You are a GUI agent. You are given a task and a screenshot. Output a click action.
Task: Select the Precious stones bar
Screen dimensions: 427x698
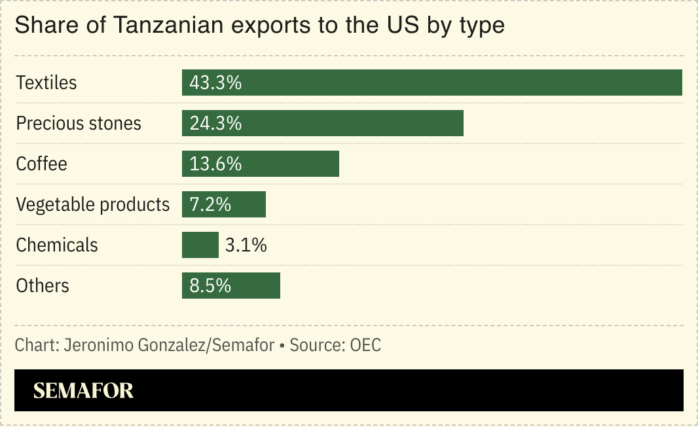pyautogui.click(x=354, y=123)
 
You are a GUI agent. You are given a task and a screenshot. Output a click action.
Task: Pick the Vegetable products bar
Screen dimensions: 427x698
pyautogui.click(x=249, y=204)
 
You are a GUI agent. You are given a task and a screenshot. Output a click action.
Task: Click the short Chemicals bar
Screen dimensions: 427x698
pyautogui.click(x=200, y=245)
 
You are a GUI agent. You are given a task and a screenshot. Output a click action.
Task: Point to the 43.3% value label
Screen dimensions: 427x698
pyautogui.click(x=215, y=83)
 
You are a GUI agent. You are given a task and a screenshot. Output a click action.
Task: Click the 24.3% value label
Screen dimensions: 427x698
pyautogui.click(x=215, y=124)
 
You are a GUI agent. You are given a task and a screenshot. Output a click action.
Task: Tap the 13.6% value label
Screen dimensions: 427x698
pyautogui.click(x=215, y=164)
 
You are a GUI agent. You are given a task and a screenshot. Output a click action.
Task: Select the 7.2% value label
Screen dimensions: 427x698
pyautogui.click(x=210, y=205)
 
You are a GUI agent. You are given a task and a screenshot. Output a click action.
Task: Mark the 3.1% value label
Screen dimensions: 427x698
pyautogui.click(x=246, y=246)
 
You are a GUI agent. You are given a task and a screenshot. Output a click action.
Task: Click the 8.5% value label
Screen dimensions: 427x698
pyautogui.click(x=210, y=286)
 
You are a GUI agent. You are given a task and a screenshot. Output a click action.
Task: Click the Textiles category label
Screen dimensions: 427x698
pyautogui.click(x=46, y=83)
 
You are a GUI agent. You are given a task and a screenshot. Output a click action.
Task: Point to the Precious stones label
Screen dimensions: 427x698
pyautogui.click(x=79, y=124)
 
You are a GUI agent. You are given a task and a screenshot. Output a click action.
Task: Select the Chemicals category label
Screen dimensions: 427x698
pyautogui.click(x=57, y=246)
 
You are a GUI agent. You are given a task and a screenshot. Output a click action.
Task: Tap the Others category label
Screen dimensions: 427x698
pyautogui.click(x=43, y=286)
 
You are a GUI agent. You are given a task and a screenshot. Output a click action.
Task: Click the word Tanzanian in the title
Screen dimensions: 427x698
pyautogui.click(x=168, y=26)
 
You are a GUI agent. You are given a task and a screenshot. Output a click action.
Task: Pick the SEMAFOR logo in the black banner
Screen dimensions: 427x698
pyautogui.click(x=83, y=391)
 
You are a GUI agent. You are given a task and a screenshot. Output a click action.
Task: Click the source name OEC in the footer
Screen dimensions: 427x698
pyautogui.click(x=365, y=345)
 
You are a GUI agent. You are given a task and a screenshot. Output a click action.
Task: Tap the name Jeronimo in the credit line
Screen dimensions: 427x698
pyautogui.click(x=99, y=345)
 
